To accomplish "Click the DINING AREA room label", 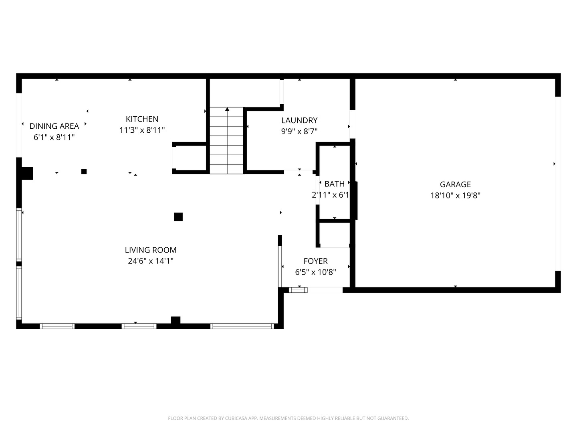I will pos(54,126).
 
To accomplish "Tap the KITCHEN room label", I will pos(142,119).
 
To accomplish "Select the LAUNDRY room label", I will pos(299,120).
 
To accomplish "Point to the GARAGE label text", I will pos(455,184).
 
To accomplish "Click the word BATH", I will pos(334,184).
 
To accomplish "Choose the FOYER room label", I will pos(315,261).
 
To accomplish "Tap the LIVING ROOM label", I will pos(151,250).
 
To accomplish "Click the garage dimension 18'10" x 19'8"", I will pos(455,196).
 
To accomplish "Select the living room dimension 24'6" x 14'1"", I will pos(151,261).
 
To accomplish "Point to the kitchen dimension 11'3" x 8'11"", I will pos(142,130).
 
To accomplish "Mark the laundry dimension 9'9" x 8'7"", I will pos(299,132).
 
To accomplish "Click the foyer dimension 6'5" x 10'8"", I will pos(315,272).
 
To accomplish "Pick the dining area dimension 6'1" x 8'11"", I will pos(54,137).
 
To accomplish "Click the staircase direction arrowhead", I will pos(227,109).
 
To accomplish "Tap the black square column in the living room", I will pos(178,217).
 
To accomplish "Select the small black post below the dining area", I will pos(84,172).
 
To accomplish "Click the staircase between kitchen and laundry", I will pos(227,140).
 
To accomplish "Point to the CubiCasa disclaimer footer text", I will pos(288,418).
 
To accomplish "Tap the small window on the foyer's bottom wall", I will pos(298,290).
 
